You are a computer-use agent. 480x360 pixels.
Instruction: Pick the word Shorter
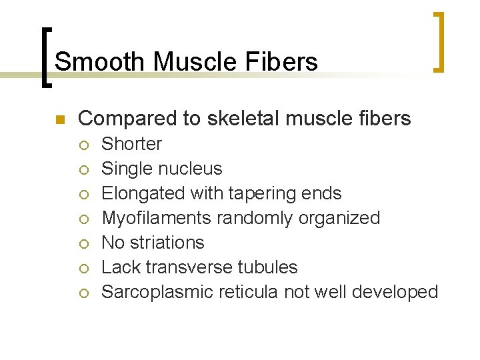click(x=131, y=144)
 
